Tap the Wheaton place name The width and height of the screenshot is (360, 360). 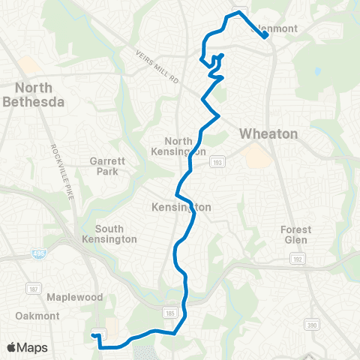268,133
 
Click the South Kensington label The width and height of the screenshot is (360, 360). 115,233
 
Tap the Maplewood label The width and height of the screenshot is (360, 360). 74,297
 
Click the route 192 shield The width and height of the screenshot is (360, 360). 297,259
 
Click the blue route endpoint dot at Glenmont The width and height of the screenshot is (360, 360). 265,34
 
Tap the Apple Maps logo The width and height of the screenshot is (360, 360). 26,348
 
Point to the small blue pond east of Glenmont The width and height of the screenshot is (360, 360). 318,72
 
